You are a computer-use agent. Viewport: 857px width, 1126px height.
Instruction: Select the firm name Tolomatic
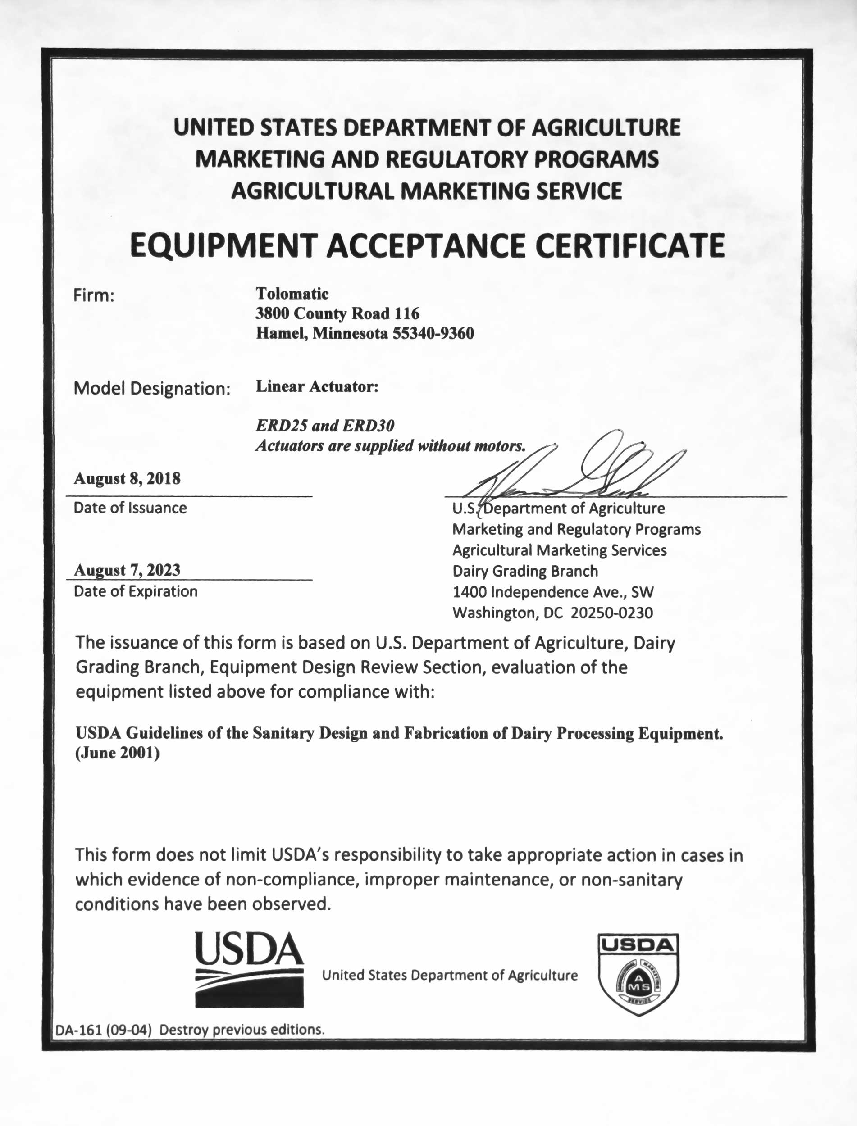coord(292,294)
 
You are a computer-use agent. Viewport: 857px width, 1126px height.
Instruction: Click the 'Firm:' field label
coord(94,295)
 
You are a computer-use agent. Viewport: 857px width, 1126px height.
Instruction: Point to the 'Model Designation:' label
coord(152,389)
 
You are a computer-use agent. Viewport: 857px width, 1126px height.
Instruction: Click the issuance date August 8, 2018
coord(127,479)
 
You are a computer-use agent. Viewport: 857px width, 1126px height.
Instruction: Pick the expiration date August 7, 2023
coord(127,570)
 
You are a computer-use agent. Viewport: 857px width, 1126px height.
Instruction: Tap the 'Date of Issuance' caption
coord(130,508)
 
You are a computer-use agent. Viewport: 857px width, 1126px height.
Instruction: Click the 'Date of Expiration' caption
coord(136,591)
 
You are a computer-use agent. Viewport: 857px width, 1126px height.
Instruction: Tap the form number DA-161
coord(79,1030)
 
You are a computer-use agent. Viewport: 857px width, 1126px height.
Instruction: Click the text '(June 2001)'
coord(117,754)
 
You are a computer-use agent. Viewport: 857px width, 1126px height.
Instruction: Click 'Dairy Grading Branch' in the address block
coord(525,571)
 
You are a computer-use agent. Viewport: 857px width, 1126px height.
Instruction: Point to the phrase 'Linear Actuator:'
coord(317,387)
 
